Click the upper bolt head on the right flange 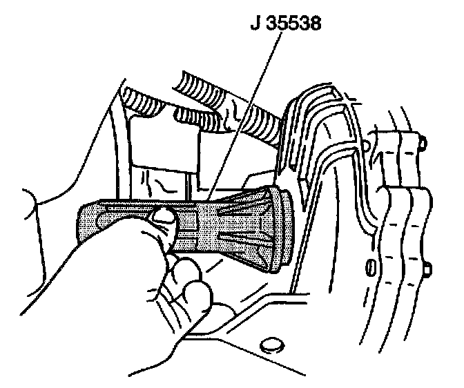coord(422,144)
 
